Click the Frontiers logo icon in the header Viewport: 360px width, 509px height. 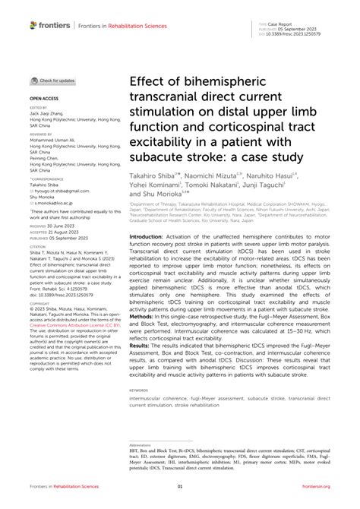pos(33,25)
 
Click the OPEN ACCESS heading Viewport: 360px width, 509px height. pos(44,99)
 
